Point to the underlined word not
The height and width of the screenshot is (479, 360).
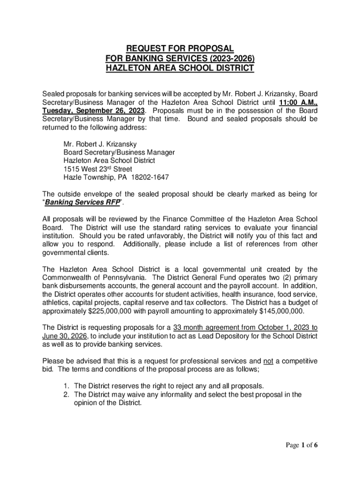(x=268, y=361)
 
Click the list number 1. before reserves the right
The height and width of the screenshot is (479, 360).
(x=67, y=386)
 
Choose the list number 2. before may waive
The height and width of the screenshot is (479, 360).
(x=67, y=394)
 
